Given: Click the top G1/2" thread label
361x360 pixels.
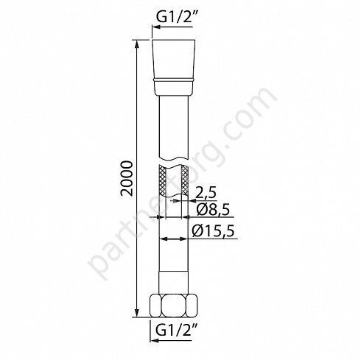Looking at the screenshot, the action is [x=174, y=15].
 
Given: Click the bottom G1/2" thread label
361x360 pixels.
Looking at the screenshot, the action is [x=174, y=331].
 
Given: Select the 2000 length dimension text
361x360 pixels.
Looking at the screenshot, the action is [x=127, y=178].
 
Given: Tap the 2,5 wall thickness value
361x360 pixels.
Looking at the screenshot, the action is [x=206, y=193].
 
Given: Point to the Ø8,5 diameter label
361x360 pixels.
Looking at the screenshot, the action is [x=213, y=209].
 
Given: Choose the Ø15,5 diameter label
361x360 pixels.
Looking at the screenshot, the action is [x=213, y=230].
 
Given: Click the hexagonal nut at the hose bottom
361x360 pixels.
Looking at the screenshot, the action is [x=174, y=306].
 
